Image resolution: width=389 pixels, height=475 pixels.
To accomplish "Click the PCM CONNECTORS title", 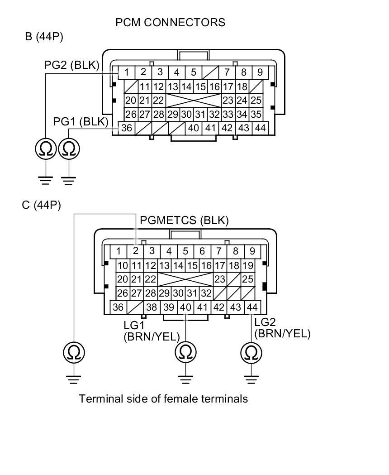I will click(x=170, y=22).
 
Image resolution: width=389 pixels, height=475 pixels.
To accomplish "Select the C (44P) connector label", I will click(x=41, y=205).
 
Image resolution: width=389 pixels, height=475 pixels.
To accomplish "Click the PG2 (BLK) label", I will click(x=71, y=65).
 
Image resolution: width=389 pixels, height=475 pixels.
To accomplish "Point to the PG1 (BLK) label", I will click(x=81, y=121).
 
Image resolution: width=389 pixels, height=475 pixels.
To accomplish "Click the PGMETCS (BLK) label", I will click(x=185, y=221).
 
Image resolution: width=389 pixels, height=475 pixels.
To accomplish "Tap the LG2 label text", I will click(x=265, y=322).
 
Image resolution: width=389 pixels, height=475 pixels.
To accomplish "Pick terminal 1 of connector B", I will click(x=127, y=72).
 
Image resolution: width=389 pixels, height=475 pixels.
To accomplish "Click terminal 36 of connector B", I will click(x=127, y=128).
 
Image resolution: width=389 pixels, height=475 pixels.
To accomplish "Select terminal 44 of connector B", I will click(x=260, y=128).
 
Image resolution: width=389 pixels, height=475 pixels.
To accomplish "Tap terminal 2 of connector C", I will click(x=135, y=251).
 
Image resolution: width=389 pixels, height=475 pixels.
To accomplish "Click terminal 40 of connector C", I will click(x=185, y=307).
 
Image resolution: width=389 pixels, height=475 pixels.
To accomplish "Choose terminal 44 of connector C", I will click(x=252, y=307).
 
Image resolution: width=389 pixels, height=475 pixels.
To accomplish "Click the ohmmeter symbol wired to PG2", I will click(x=46, y=149).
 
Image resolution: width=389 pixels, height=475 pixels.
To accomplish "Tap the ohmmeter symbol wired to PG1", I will click(x=69, y=149).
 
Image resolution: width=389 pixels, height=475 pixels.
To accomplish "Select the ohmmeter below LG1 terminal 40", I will click(x=185, y=352).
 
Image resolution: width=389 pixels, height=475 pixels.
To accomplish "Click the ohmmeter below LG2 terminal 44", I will click(x=251, y=352).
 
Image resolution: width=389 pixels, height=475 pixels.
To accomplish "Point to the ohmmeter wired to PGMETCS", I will click(x=74, y=352).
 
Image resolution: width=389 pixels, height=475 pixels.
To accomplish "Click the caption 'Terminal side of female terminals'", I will click(x=163, y=399).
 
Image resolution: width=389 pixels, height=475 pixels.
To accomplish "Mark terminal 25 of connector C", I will click(x=247, y=279).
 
